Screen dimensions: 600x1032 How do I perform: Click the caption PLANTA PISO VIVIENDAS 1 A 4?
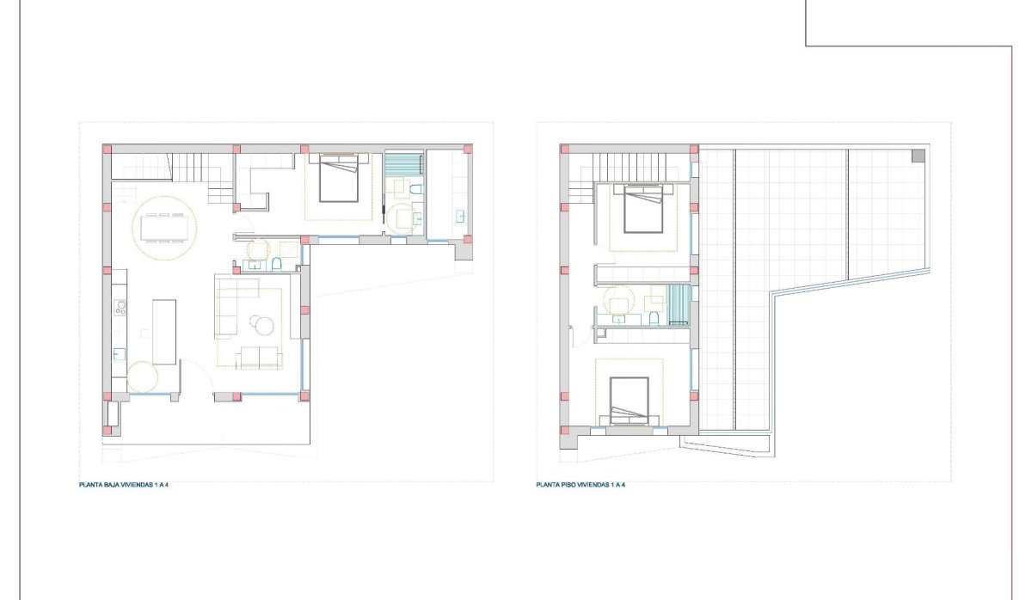580,486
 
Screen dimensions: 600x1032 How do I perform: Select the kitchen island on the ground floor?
163,331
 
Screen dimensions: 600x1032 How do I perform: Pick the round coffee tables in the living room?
261,324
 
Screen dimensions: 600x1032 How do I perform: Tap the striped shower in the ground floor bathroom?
402,163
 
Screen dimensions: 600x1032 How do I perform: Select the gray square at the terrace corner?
918,156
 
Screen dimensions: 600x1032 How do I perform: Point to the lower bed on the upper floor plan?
631,401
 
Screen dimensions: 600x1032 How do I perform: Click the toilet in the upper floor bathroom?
654,319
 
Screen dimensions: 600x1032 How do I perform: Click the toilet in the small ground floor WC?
279,263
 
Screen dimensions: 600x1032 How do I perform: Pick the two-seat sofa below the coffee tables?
259,357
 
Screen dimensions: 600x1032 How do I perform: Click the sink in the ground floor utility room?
459,215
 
